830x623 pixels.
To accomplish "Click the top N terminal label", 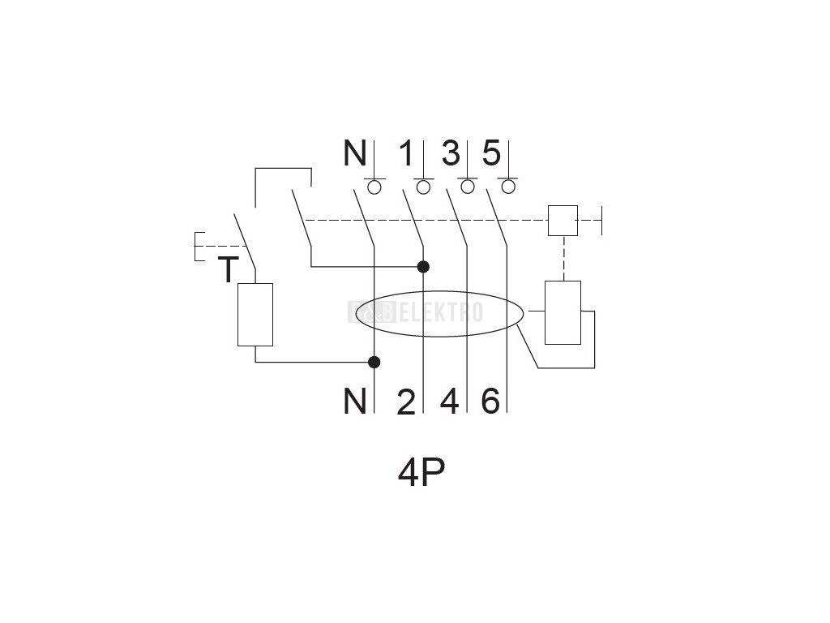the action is click(354, 153).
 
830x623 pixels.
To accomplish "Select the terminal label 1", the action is click(407, 153).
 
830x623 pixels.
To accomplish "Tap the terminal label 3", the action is click(451, 153).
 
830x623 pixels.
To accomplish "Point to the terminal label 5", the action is click(491, 153).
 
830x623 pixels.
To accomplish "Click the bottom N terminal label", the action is click(354, 401).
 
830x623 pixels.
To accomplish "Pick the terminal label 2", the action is click(406, 402).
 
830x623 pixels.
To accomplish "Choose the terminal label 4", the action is click(450, 401).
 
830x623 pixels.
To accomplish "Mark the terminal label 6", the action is click(490, 401).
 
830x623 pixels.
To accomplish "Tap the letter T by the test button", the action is click(229, 270).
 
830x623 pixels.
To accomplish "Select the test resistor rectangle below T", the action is click(255, 315).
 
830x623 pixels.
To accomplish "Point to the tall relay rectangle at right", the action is click(563, 313).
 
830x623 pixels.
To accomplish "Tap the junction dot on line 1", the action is click(423, 266).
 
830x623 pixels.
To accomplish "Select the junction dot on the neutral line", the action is click(374, 362).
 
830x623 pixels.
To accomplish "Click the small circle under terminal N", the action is click(375, 187).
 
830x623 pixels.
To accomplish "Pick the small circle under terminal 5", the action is click(509, 187).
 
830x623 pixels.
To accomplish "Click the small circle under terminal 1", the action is click(423, 187).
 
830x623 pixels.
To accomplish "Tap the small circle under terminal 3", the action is click(468, 187).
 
